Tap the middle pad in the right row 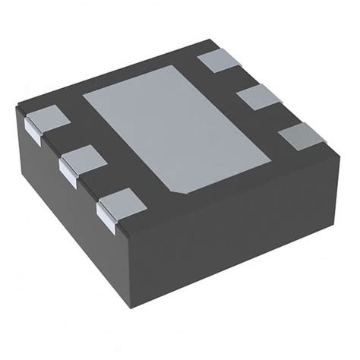(x=258, y=97)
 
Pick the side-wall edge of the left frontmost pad (x=106, y=219)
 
